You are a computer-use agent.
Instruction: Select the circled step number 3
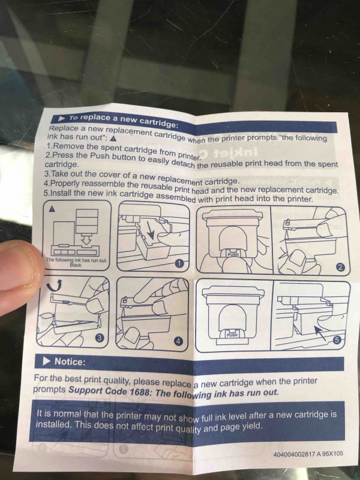coord(99,337)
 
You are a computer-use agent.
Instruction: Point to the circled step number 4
coord(178,341)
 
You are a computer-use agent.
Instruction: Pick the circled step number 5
coord(337,340)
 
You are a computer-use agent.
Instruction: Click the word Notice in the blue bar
coord(69,362)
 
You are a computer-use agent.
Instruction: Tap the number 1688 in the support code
coord(137,392)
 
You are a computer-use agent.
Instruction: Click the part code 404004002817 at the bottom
coord(294,454)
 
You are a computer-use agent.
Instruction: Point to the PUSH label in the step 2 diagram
coord(233,254)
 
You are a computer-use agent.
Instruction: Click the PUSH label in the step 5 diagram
coord(232,335)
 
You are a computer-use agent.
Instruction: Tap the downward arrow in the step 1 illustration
coord(151,230)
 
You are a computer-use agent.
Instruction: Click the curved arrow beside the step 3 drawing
coord(55,286)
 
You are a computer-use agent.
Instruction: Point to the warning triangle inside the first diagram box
coord(52,209)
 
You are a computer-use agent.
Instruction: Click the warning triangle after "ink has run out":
coord(113,139)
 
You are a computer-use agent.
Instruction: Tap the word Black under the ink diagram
coord(76,265)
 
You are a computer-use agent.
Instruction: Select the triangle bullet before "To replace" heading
coord(62,118)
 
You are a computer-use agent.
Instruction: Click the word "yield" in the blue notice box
coord(252,426)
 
